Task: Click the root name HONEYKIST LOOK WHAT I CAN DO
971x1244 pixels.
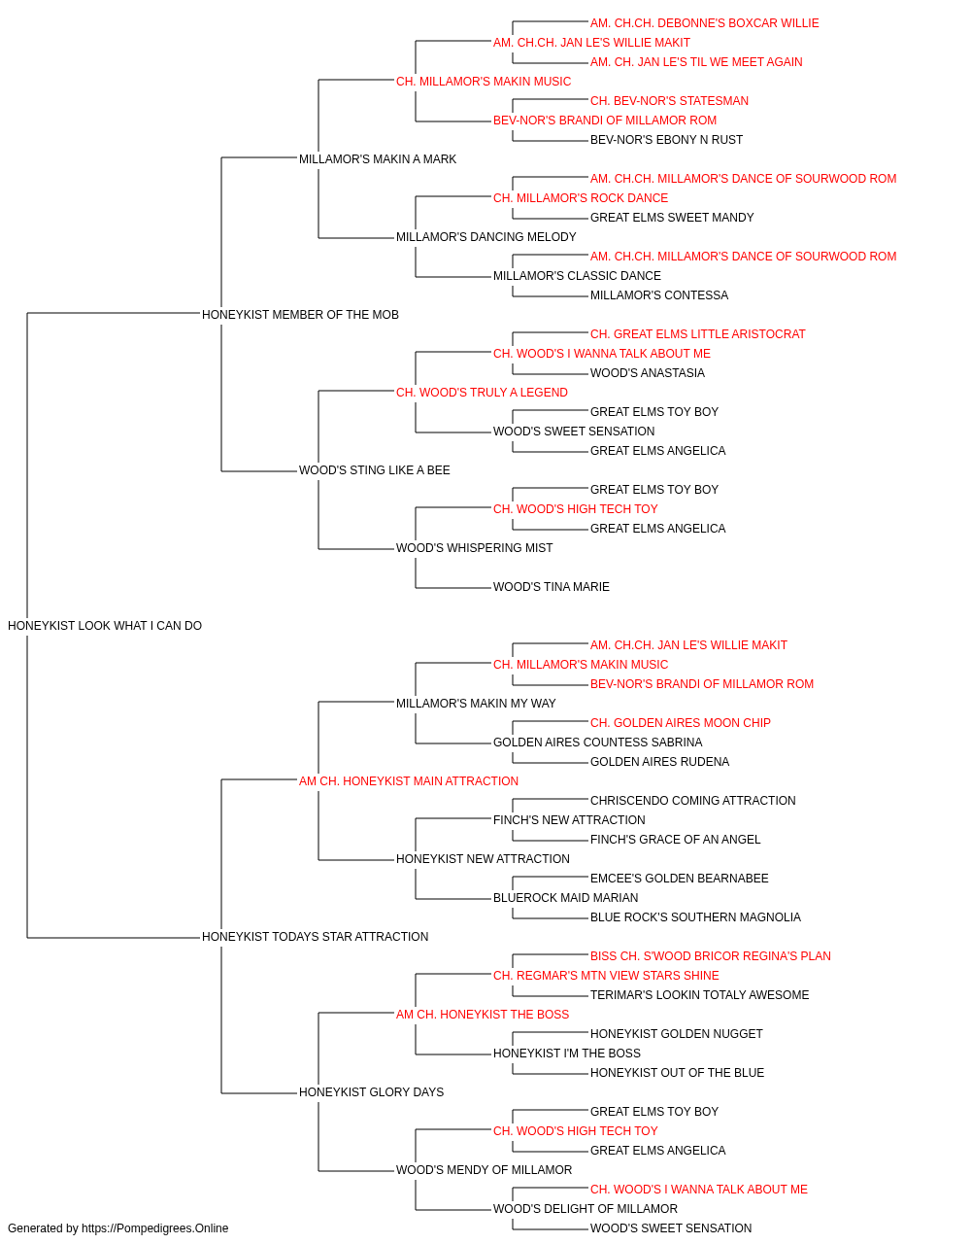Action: [x=105, y=626]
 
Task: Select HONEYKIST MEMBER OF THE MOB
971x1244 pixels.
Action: [x=300, y=315]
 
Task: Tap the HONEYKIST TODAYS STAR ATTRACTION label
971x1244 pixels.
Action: [x=315, y=937]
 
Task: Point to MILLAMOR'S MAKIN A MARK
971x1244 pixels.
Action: [x=378, y=159]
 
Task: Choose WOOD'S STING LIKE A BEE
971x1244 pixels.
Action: [x=375, y=470]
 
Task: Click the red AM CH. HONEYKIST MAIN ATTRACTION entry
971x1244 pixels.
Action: [x=409, y=781]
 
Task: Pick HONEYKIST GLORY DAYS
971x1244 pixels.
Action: [x=371, y=1092]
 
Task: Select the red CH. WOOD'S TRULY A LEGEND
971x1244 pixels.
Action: [x=482, y=393]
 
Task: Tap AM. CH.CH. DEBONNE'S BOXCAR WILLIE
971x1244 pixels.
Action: [x=705, y=23]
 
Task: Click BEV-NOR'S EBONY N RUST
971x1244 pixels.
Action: [x=666, y=140]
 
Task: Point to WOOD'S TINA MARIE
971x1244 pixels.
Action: [x=552, y=587]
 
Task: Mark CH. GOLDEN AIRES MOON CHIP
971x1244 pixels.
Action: [x=681, y=723]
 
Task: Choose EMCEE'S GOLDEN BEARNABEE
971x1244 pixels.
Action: [x=680, y=879]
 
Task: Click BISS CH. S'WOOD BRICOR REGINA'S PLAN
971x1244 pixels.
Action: [x=710, y=956]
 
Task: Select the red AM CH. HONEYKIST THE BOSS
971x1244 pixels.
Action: [x=483, y=1015]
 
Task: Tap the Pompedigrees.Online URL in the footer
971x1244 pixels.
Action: [x=155, y=1228]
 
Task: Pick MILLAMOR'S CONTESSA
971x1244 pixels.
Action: [x=659, y=295]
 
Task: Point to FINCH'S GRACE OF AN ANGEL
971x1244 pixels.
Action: [x=676, y=840]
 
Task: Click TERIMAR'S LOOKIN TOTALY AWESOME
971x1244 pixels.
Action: [x=699, y=995]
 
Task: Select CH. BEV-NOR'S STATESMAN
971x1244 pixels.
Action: [x=669, y=101]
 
